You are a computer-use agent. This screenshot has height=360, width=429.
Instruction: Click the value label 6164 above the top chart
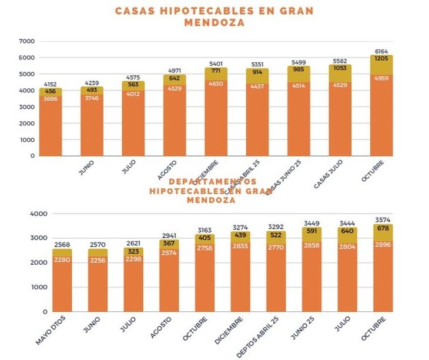[x=381, y=51]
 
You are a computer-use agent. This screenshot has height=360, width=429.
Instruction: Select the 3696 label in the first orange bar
[x=51, y=99]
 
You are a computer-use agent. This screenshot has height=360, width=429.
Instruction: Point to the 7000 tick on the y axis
[x=27, y=42]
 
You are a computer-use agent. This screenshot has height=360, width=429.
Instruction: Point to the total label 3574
[x=382, y=218]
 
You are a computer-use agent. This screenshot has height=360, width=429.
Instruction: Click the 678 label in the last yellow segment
[x=382, y=229]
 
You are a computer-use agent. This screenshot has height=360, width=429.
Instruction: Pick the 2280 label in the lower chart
[x=62, y=259]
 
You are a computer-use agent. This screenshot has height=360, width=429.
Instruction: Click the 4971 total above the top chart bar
[x=175, y=71]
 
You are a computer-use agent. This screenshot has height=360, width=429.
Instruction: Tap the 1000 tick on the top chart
[x=27, y=140]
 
